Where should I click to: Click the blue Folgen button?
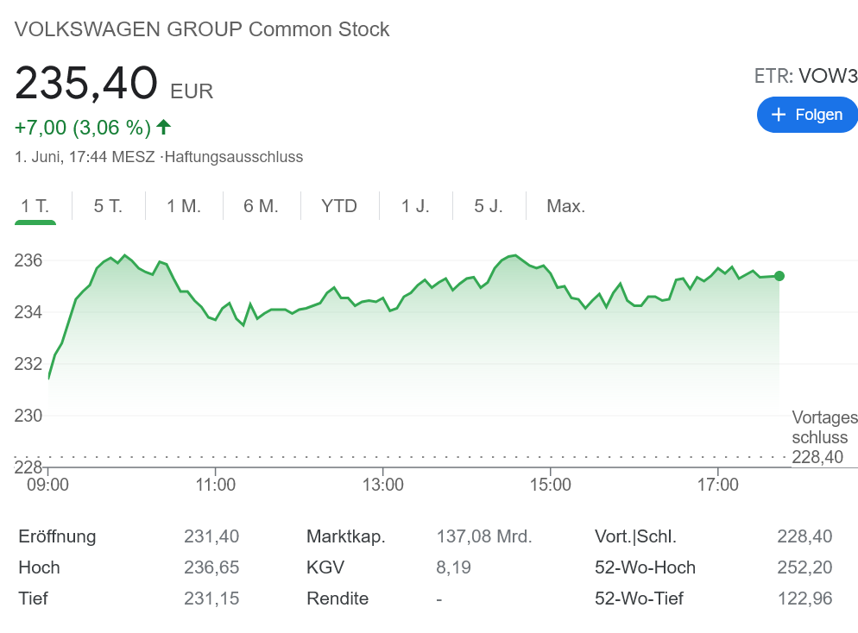806,115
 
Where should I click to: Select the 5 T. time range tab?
108,206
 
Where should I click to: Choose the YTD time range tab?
338,206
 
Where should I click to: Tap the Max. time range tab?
565,206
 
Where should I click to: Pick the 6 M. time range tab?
261,206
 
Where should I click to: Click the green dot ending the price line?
779,276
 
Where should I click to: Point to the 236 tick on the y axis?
28,260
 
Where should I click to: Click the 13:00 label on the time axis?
383,485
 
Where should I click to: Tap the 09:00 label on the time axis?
48,485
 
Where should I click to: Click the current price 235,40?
86,84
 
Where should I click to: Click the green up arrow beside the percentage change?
164,128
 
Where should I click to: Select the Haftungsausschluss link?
234,157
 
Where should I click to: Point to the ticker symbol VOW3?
827,76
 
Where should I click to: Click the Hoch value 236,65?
211,567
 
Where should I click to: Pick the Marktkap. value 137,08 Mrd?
484,536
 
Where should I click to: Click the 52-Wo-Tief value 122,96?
804,599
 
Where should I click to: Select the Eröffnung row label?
57,536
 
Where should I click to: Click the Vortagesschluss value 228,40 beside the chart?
817,457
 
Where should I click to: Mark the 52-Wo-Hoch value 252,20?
804,567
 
